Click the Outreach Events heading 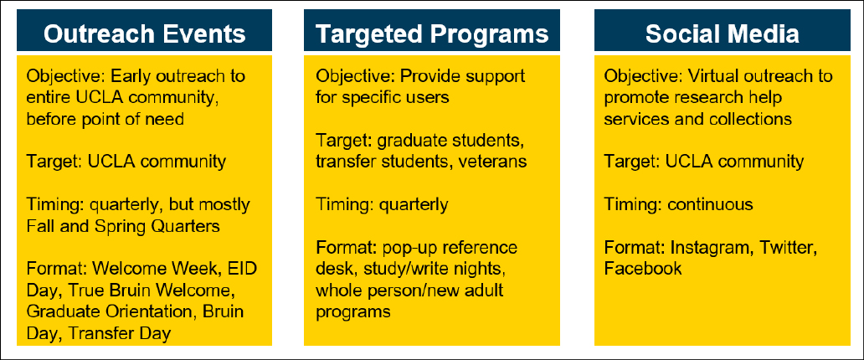[145, 33]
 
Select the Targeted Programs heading [432, 33]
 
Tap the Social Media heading [722, 33]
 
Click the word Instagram [707, 249]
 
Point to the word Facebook [642, 269]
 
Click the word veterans [494, 162]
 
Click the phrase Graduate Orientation [85, 311]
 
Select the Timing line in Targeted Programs [382, 205]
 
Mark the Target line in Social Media [703, 162]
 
